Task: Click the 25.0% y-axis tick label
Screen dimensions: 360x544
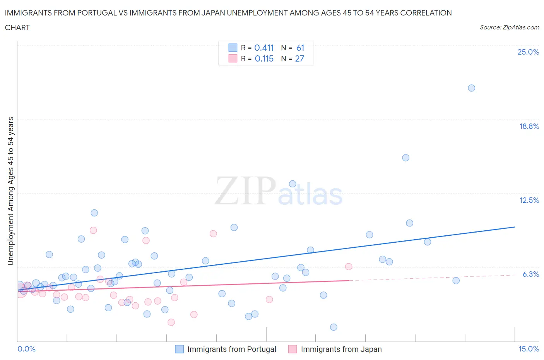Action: (x=528, y=52)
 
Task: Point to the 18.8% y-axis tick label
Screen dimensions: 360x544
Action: (x=529, y=126)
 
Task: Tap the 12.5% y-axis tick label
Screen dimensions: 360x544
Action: (x=529, y=200)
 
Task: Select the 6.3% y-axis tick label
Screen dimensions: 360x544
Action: (x=530, y=274)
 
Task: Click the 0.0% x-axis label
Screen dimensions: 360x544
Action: (x=26, y=349)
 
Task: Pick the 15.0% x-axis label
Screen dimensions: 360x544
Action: (x=529, y=349)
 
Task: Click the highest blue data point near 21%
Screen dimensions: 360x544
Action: (x=471, y=88)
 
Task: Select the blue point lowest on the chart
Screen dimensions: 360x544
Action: (x=334, y=327)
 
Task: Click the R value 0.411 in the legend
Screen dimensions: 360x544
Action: (x=264, y=48)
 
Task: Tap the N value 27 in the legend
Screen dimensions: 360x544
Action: (x=299, y=58)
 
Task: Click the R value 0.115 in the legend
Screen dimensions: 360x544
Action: (x=264, y=58)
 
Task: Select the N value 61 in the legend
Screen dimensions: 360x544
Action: (x=300, y=48)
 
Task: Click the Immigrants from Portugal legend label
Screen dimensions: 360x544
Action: (x=231, y=349)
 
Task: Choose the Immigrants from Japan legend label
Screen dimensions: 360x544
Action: (x=341, y=349)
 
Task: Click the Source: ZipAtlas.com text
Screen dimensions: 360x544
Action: (x=509, y=27)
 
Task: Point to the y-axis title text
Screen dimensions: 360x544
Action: (x=10, y=191)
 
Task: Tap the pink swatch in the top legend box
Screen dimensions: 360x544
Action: (x=233, y=58)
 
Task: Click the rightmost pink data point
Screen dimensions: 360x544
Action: (x=349, y=266)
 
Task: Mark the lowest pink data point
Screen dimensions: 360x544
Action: (x=171, y=322)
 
